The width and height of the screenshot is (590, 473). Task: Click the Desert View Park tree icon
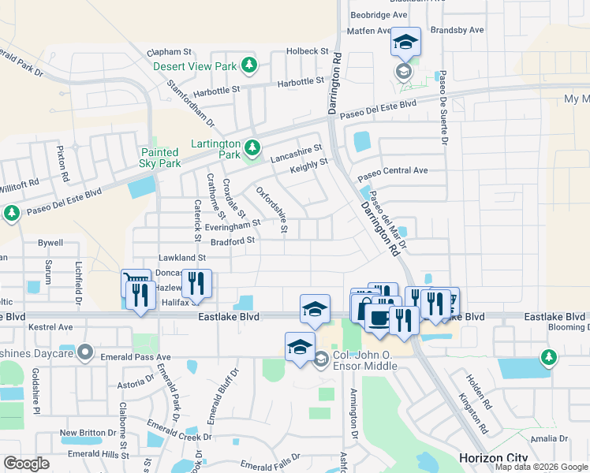pos(249,65)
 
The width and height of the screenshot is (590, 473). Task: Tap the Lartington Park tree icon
pos(252,147)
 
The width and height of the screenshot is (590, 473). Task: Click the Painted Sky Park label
pos(160,158)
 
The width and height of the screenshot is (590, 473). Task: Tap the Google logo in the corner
pos(26,464)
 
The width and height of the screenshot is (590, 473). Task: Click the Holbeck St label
pos(308,51)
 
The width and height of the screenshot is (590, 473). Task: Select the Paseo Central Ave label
pos(392,171)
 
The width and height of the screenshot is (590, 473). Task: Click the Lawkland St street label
pos(181,257)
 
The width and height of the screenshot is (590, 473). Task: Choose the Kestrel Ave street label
pos(50,326)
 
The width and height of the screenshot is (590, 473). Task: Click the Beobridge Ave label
pos(379,15)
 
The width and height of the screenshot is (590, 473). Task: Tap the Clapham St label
pos(170,52)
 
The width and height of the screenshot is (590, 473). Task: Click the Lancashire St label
pos(296,152)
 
